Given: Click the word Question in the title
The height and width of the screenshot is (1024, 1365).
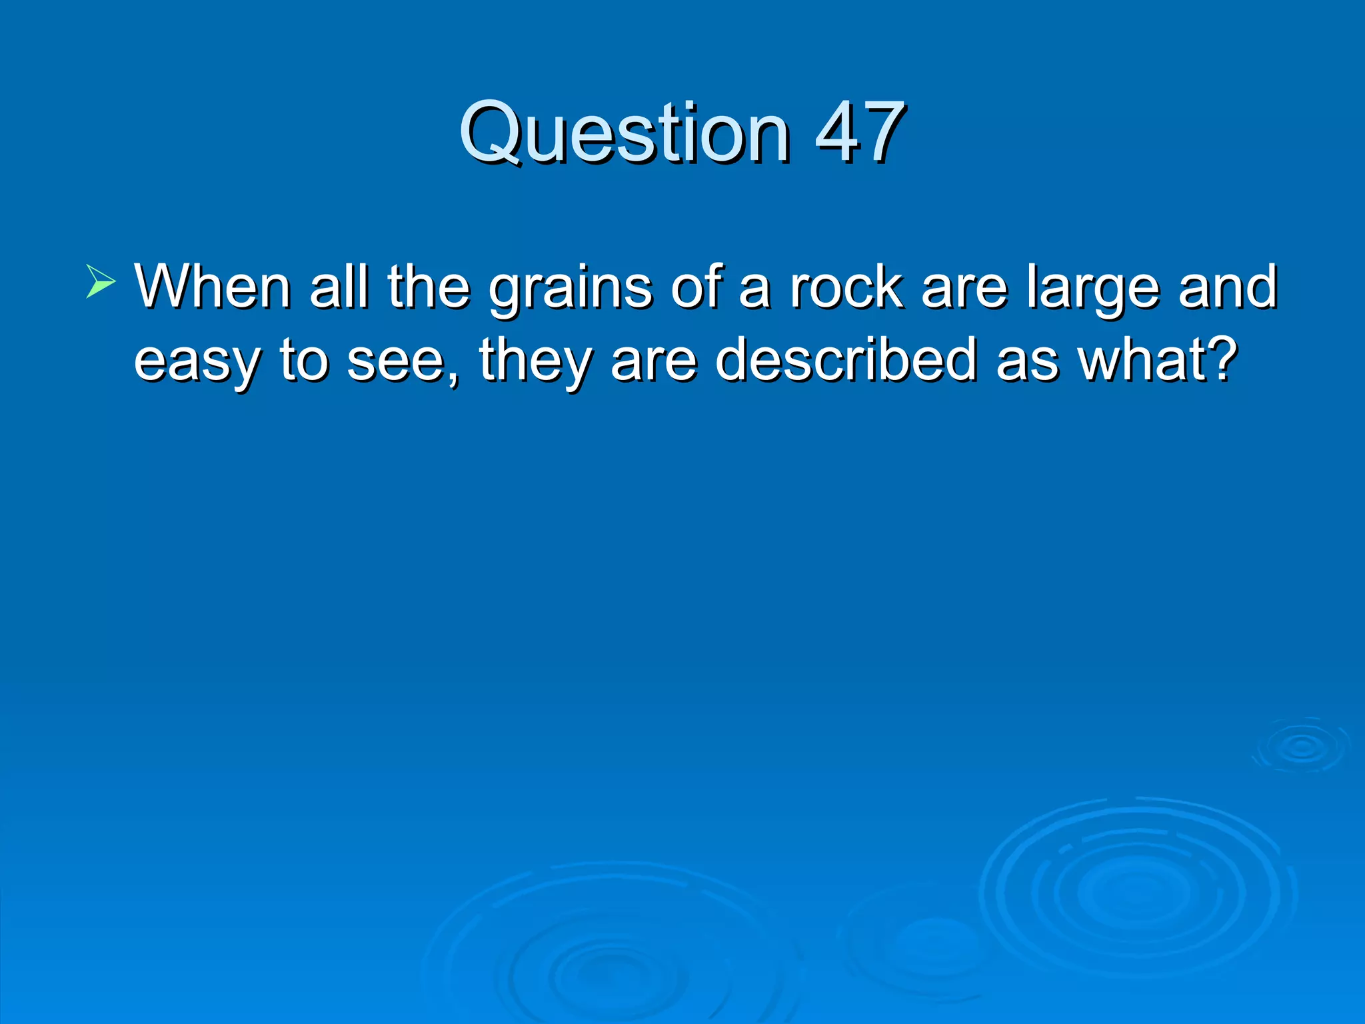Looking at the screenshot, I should (625, 133).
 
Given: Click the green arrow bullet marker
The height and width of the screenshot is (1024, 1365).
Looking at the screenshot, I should (101, 281).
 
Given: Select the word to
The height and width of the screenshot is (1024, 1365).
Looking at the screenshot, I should (304, 361).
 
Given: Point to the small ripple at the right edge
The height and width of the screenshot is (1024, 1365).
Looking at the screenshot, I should (1300, 747).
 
